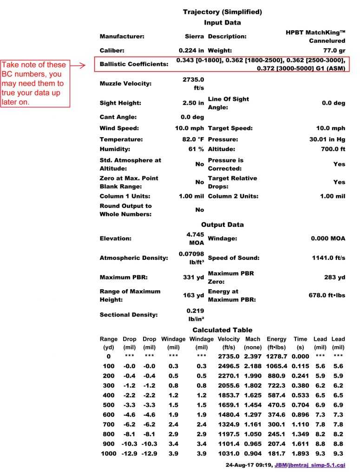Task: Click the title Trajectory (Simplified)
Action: coord(222,12)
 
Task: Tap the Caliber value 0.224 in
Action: coord(191,50)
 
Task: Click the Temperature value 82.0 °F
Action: coord(191,139)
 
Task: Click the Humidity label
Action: coord(115,149)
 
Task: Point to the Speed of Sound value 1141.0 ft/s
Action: coord(328,258)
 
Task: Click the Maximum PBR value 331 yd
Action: coord(193,278)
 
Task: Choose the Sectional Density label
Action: coord(129,315)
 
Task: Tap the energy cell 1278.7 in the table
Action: coord(277,356)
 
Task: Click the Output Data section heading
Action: coord(222,225)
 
